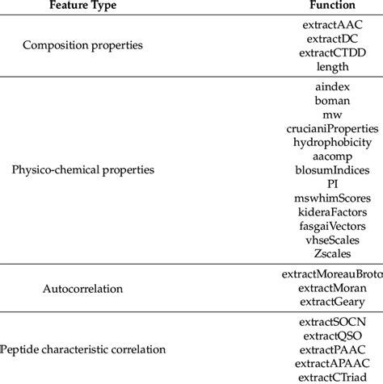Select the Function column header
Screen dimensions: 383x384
333,6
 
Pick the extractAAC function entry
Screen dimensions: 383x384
333,25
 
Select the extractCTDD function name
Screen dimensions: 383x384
333,53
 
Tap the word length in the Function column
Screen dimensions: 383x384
333,67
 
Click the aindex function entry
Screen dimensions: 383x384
333,86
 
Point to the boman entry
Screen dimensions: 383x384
333,99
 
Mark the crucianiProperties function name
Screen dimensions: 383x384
333,127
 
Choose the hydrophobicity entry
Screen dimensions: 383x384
333,141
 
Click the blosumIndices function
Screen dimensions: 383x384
333,169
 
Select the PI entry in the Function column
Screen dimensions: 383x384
333,183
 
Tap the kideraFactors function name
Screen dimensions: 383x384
333,211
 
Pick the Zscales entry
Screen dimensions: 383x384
333,253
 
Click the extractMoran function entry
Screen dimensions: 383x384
333,310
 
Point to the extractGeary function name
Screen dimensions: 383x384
333,323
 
